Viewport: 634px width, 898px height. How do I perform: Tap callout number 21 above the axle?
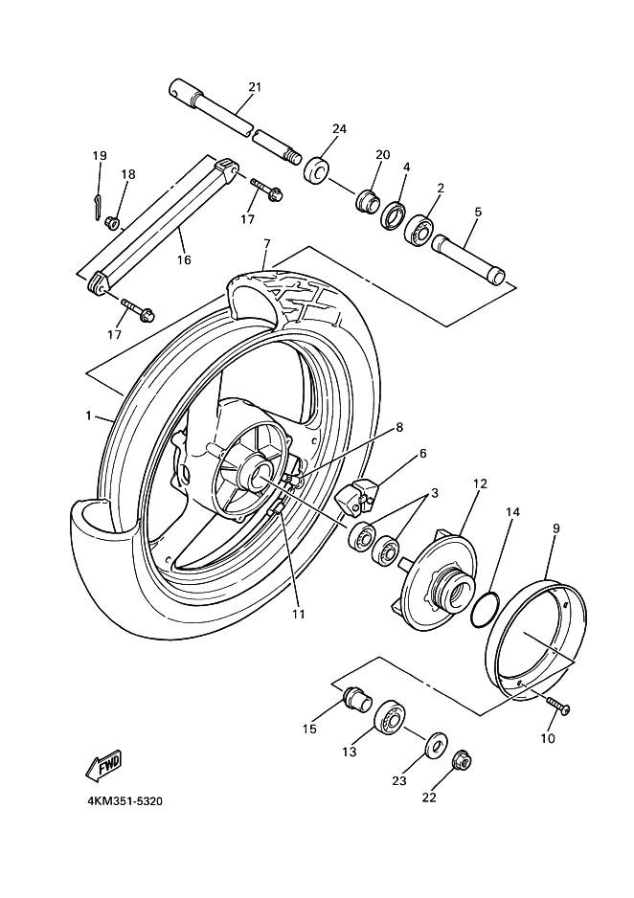[255, 87]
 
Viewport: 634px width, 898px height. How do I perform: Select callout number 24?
[338, 129]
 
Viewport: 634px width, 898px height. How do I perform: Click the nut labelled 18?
[112, 223]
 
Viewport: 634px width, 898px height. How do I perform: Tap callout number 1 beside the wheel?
[88, 416]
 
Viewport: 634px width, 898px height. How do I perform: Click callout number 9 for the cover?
[555, 528]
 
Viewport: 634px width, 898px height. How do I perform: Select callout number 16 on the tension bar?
[184, 259]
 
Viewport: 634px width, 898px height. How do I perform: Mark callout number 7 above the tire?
[266, 244]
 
